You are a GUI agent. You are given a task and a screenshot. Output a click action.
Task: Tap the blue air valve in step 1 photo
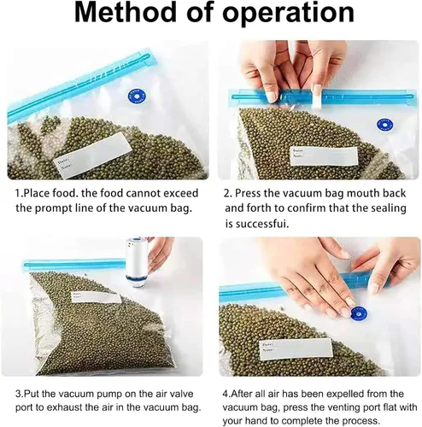tap(136, 97)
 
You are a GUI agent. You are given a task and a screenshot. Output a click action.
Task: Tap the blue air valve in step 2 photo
tap(385, 126)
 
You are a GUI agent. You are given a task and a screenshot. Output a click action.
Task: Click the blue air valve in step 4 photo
tap(359, 314)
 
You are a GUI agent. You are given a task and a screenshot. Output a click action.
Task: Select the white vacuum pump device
tap(137, 262)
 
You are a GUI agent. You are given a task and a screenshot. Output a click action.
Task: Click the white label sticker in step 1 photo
tap(92, 155)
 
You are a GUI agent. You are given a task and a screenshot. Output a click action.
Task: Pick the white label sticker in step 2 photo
tap(324, 156)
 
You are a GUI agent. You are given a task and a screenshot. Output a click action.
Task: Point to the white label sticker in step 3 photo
tap(96, 297)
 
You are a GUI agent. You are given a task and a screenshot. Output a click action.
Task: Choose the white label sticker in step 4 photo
tap(296, 349)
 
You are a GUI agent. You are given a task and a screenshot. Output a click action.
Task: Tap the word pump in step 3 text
tap(112, 395)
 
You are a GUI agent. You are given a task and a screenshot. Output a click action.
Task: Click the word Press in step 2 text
tap(248, 194)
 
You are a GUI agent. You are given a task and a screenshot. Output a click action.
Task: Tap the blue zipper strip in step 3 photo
tap(74, 264)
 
